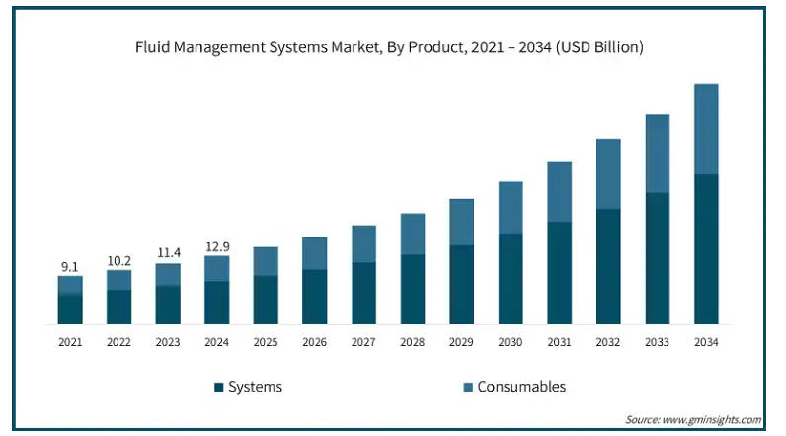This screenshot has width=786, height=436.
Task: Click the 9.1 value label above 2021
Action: pos(70,266)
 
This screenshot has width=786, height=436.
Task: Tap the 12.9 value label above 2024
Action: pos(217,246)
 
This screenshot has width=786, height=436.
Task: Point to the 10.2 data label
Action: pos(118,260)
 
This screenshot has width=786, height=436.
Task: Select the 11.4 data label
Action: pos(169,252)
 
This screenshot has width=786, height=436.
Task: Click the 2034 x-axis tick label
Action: pos(706,342)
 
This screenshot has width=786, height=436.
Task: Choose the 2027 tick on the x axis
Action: pos(363,342)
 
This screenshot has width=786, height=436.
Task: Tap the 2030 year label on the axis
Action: pos(510,342)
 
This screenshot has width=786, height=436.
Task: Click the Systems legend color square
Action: pos(218,387)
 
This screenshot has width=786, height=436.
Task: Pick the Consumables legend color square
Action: pos(468,387)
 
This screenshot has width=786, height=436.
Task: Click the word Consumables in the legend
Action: pos(521,387)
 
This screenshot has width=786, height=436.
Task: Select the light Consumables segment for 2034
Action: pos(706,129)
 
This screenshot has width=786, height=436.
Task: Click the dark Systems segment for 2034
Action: pos(706,249)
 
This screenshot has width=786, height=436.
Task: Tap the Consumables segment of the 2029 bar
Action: pos(461,221)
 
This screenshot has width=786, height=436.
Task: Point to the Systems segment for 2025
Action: pos(266,300)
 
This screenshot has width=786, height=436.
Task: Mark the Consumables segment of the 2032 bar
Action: pos(608,174)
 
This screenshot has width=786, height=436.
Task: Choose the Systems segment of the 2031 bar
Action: pos(560,274)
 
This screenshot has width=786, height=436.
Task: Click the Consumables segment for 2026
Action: pos(314,253)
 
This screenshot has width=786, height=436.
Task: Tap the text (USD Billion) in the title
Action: pos(599,47)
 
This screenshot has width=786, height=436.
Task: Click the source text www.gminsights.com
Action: pos(712,419)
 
